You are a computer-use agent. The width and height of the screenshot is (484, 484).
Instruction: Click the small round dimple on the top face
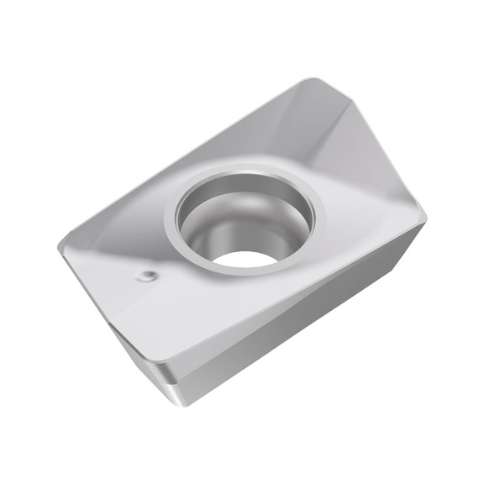[x=148, y=275]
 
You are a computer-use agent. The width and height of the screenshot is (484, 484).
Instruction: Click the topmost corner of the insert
[x=313, y=80]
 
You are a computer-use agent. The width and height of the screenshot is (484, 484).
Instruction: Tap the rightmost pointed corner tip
[x=425, y=221]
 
